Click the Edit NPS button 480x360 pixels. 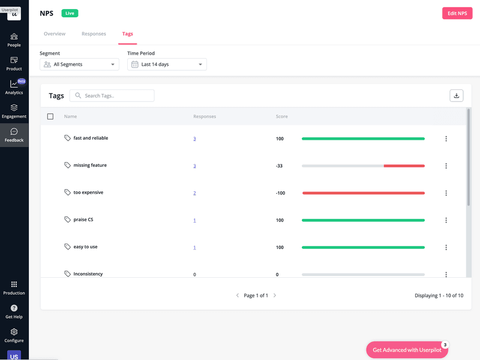pyautogui.click(x=457, y=13)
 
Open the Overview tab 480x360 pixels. pyautogui.click(x=55, y=34)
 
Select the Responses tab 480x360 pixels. pyautogui.click(x=94, y=34)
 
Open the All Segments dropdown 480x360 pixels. pyautogui.click(x=79, y=64)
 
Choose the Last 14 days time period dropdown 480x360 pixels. pyautogui.click(x=167, y=64)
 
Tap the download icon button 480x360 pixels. pyautogui.click(x=456, y=95)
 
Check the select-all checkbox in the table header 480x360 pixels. pyautogui.click(x=50, y=116)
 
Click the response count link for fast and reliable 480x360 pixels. pyautogui.click(x=194, y=139)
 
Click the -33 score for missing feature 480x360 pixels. pyautogui.click(x=279, y=166)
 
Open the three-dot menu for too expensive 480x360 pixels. pyautogui.click(x=446, y=193)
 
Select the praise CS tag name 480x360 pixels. pyautogui.click(x=83, y=220)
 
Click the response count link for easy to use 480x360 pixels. pyautogui.click(x=194, y=247)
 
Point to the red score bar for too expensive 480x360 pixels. pyautogui.click(x=363, y=193)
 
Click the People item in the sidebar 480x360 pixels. pyautogui.click(x=14, y=40)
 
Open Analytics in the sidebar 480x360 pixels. pyautogui.click(x=14, y=87)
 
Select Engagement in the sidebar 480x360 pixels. pyautogui.click(x=14, y=111)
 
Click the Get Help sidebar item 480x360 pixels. pyautogui.click(x=14, y=311)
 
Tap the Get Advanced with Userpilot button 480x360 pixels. pyautogui.click(x=407, y=350)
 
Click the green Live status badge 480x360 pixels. pyautogui.click(x=69, y=13)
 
